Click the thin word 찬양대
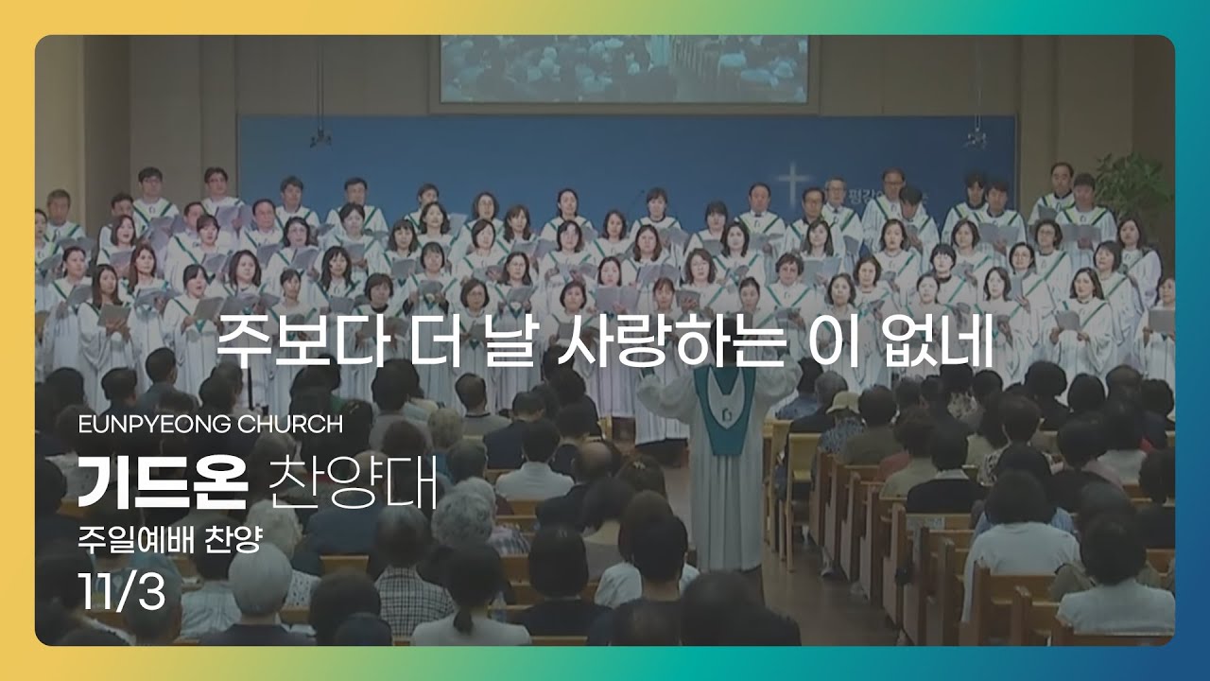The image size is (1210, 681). coord(353,482)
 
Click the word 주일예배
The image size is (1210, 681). coord(135,540)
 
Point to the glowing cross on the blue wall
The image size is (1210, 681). coord(792,183)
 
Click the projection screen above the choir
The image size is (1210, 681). coord(624,69)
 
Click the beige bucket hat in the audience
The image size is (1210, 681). coord(842,403)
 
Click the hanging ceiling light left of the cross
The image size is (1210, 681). coord(320,138)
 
